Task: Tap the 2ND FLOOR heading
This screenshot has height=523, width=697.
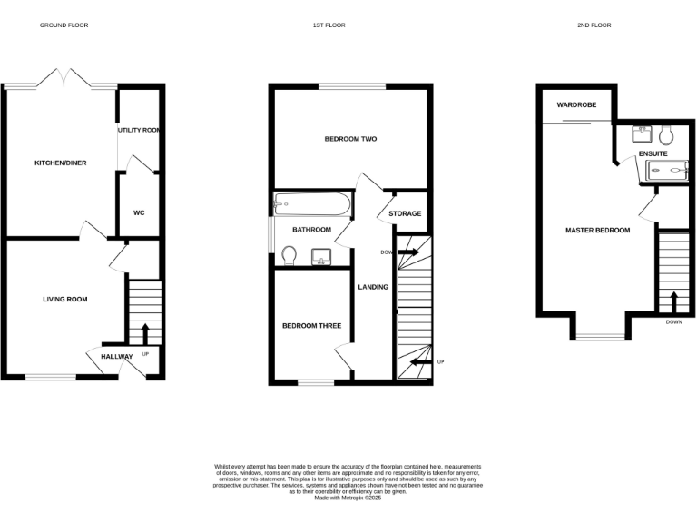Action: (595, 25)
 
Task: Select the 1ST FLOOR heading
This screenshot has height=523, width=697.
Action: (329, 25)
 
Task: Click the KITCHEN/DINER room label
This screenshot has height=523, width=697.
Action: (60, 163)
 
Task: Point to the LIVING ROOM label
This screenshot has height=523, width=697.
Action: (64, 299)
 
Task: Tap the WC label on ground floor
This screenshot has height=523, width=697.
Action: (139, 213)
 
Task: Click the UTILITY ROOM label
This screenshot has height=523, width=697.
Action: (139, 131)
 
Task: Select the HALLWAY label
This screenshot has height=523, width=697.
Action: (116, 357)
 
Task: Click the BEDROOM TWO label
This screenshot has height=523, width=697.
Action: (350, 140)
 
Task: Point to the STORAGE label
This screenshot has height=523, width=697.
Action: (405, 214)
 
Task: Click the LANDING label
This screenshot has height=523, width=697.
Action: (373, 287)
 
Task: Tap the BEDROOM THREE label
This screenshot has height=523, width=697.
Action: (311, 326)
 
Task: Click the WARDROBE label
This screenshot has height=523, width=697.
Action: (576, 105)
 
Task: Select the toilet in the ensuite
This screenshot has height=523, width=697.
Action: (666, 135)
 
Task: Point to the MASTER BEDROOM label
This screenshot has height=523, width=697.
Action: (597, 231)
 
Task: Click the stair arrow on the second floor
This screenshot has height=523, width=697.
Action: (673, 301)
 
